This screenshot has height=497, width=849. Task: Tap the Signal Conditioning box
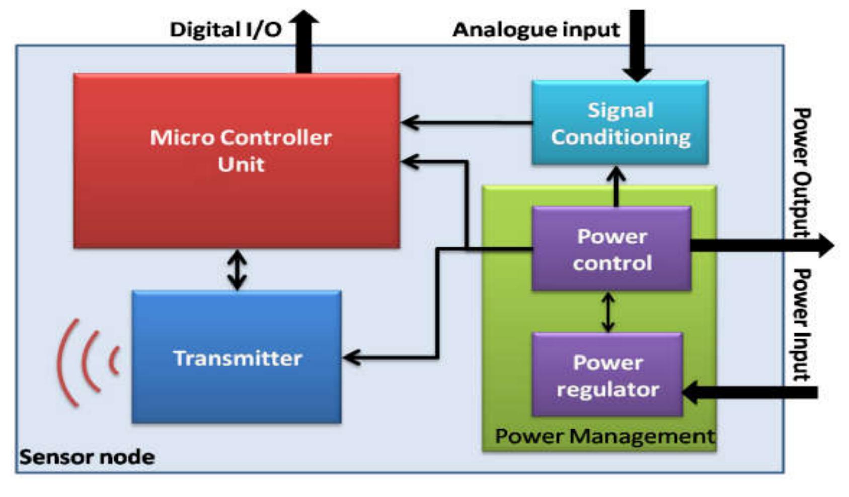(x=620, y=123)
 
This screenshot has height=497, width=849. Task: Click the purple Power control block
(x=611, y=249)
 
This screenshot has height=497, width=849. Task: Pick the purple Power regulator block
(x=607, y=375)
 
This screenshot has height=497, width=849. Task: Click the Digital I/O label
(x=225, y=29)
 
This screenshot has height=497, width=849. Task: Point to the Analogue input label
(x=536, y=30)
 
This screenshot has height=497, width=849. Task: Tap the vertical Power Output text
(x=802, y=171)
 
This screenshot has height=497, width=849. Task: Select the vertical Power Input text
(x=802, y=325)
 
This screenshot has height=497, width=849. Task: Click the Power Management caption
(x=604, y=436)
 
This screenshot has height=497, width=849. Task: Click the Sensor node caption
(x=87, y=457)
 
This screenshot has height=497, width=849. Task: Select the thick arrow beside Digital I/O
(x=303, y=43)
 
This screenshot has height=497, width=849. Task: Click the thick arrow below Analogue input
(x=637, y=45)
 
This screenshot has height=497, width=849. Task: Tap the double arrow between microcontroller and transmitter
(x=237, y=270)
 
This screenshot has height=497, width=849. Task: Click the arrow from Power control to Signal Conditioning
(x=616, y=186)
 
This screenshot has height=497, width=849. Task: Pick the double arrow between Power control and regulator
(x=608, y=312)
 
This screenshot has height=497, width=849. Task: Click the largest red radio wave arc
(x=67, y=363)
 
